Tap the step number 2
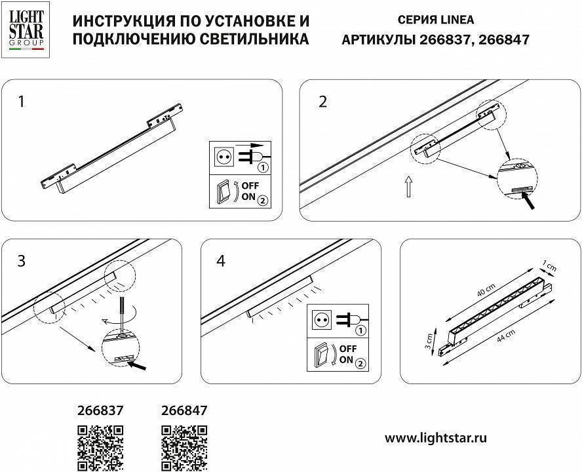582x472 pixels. click(x=322, y=102)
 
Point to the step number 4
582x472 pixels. click(x=221, y=261)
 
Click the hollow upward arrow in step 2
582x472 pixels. click(x=408, y=187)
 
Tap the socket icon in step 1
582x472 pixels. click(x=223, y=157)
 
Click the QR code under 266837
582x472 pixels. click(x=101, y=448)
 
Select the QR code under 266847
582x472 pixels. click(x=184, y=448)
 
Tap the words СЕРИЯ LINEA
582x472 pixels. click(x=436, y=20)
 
